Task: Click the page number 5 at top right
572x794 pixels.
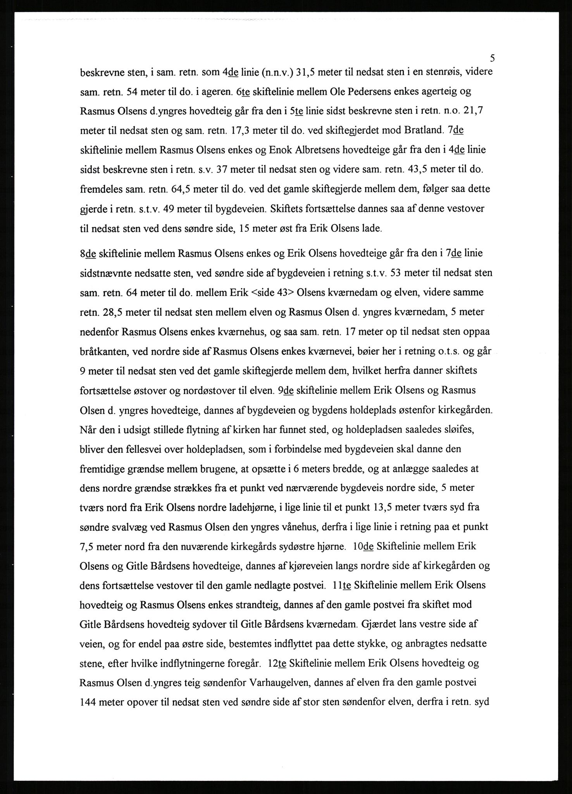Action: (492, 59)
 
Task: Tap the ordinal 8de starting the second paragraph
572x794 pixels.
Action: (88, 254)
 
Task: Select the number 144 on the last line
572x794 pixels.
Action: (90, 702)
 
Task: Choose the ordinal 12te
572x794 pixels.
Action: (277, 663)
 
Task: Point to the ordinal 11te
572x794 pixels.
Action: (342, 585)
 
